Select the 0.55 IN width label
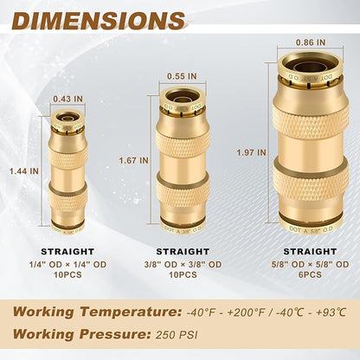click(182, 75)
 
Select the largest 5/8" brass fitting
click(311, 144)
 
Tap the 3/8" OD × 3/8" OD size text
click(183, 264)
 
